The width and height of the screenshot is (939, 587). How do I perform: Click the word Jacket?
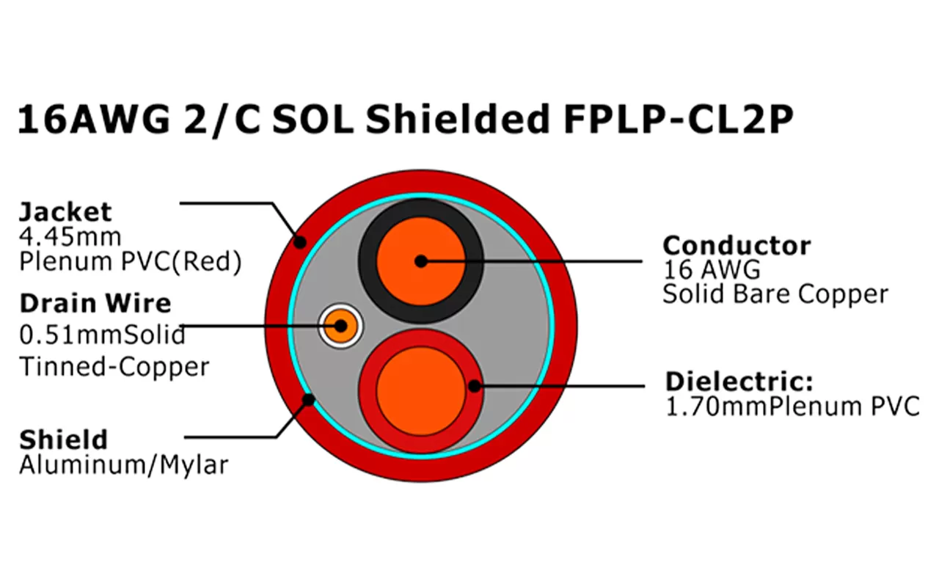coord(65,212)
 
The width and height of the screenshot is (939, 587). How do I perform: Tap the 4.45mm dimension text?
coord(70,237)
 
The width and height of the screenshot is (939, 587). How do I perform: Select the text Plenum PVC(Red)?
coord(130,261)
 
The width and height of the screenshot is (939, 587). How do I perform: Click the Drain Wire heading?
coord(95,303)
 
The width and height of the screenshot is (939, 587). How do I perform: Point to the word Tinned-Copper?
coord(114,366)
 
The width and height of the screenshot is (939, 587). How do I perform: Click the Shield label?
coord(63,440)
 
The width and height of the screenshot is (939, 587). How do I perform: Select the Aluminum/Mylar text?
coord(123,464)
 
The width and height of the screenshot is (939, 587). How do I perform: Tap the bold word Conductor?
coord(737,245)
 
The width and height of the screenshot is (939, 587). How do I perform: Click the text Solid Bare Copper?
coord(775,294)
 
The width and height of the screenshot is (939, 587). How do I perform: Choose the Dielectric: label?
coord(739,382)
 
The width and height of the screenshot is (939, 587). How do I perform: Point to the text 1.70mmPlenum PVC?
coord(792,406)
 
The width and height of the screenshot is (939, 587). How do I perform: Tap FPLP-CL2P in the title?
coord(679,120)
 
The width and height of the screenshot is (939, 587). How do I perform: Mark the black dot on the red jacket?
coord(299,241)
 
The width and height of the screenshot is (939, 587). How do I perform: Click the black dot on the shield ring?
coord(310,400)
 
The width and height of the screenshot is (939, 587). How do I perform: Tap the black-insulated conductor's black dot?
coord(420,260)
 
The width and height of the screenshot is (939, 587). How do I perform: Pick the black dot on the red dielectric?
coord(475,384)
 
